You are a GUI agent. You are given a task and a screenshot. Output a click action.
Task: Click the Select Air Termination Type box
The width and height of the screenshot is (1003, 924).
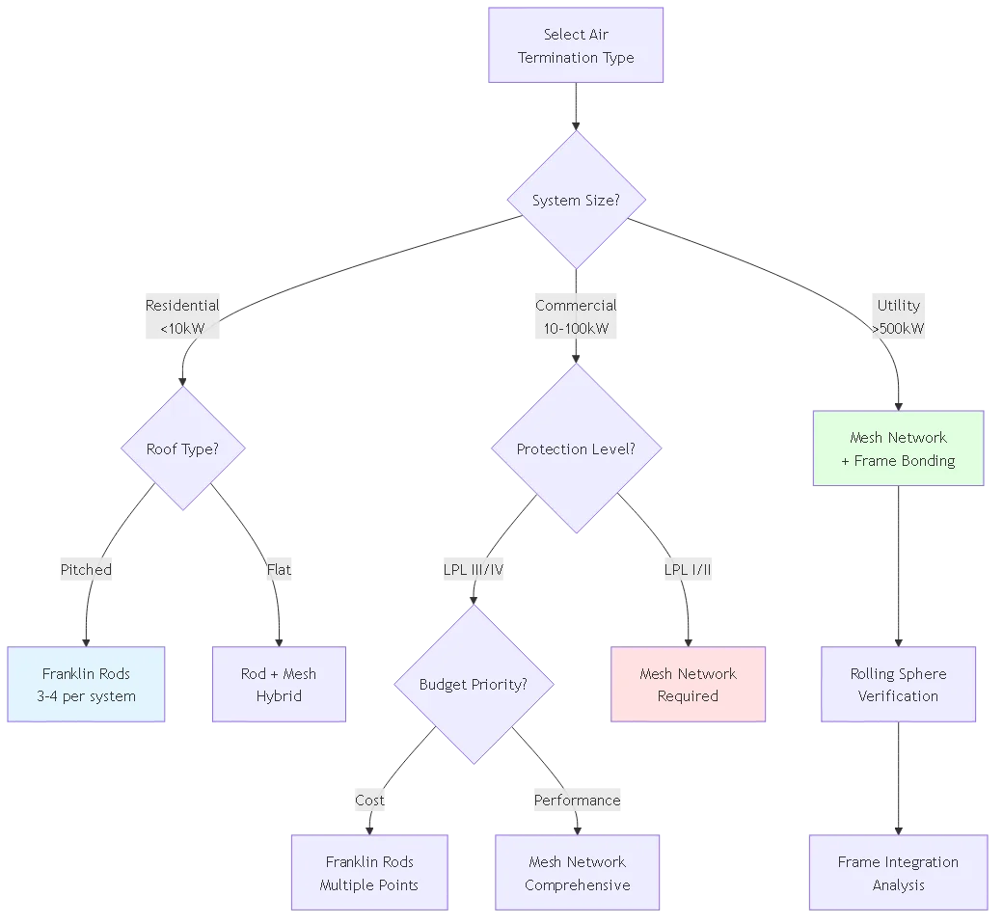[576, 46]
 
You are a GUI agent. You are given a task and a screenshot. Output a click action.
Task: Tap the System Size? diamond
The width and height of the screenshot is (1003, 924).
[576, 201]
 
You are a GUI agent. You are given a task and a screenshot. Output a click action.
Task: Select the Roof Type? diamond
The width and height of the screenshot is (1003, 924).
[182, 448]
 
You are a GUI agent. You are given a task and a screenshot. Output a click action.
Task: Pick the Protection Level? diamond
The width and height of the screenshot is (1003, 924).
[576, 448]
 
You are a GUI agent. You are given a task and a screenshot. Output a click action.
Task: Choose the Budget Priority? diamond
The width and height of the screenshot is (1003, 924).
[474, 685]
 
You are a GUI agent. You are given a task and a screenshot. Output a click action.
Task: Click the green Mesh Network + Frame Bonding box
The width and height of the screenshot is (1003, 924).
[898, 448]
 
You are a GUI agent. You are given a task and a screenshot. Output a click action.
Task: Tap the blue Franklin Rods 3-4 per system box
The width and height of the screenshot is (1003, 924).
[88, 685]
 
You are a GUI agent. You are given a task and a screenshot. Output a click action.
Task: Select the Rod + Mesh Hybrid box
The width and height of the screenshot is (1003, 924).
[279, 685]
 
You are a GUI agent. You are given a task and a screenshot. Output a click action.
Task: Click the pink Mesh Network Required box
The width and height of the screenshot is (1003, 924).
[688, 685]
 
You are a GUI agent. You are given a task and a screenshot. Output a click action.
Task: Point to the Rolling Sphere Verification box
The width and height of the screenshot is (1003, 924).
[898, 685]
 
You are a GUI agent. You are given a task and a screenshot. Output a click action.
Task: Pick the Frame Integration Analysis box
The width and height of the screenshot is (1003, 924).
[898, 873]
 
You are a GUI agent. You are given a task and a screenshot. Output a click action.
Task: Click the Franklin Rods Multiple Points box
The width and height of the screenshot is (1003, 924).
[369, 873]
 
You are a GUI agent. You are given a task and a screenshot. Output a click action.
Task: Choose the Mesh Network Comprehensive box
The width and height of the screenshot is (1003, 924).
[577, 873]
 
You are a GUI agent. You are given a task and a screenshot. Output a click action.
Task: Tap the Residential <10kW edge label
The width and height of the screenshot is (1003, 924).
[182, 316]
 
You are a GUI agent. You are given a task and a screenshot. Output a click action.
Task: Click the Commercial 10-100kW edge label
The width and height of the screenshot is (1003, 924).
[576, 316]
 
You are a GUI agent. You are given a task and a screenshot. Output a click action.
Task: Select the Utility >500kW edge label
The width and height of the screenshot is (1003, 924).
[898, 316]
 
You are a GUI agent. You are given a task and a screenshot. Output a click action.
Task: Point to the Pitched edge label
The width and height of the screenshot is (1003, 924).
[86, 570]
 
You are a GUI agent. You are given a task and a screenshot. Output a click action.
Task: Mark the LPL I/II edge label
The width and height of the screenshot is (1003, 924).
[689, 570]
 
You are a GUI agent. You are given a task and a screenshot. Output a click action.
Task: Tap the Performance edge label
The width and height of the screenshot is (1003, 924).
[577, 801]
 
